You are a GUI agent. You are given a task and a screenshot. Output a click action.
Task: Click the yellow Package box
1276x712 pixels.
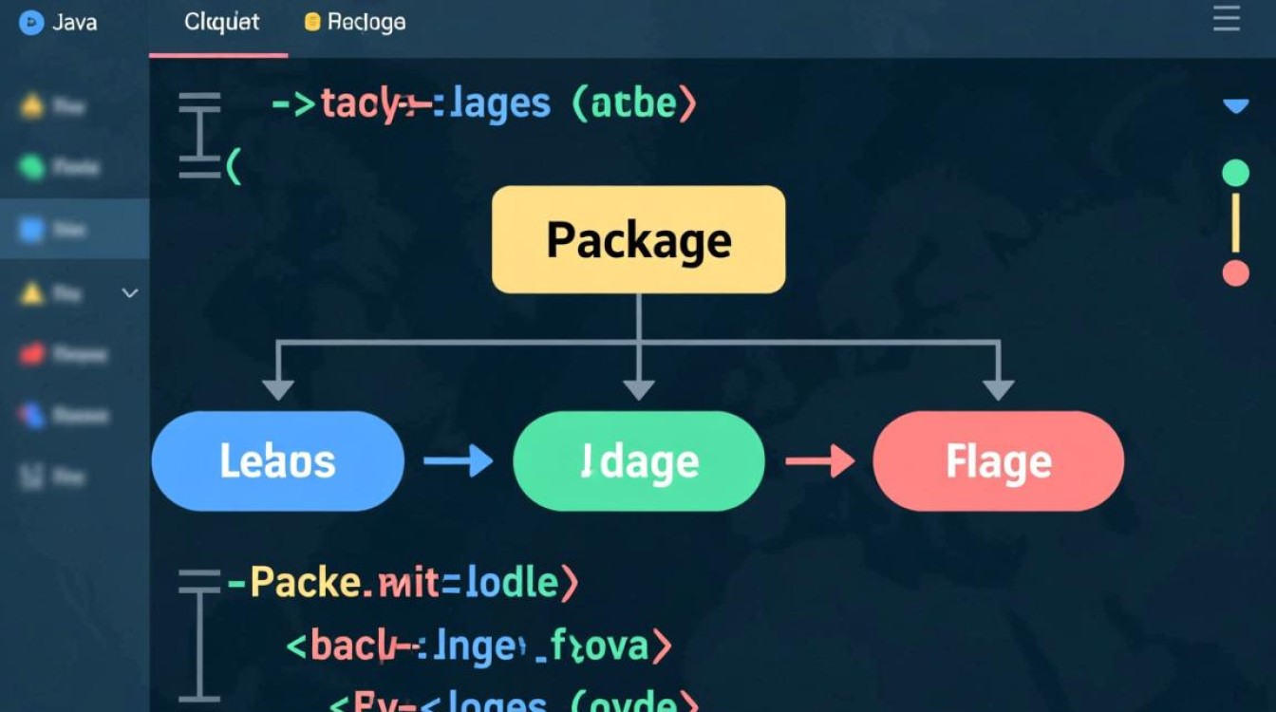pos(638,239)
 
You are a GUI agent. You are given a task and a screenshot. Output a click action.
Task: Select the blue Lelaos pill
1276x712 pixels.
pos(277,461)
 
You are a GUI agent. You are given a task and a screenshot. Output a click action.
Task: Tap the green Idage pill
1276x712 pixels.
pos(638,461)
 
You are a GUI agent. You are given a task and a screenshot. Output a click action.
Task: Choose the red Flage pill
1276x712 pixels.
pos(998,461)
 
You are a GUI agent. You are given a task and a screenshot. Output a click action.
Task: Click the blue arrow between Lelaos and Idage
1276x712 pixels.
pos(458,461)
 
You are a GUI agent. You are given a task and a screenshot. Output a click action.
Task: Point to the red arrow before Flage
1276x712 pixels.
pos(819,461)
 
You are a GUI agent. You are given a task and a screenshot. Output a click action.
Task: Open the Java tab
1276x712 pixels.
pos(59,22)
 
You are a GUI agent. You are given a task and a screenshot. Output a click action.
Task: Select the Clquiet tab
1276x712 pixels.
pos(221,22)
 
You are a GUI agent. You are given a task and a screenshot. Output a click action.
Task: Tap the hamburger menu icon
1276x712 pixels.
pos(1227,19)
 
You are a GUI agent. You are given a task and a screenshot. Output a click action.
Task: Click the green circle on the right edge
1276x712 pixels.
pos(1235,173)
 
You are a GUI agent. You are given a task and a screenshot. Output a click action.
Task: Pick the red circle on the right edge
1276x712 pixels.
pos(1235,273)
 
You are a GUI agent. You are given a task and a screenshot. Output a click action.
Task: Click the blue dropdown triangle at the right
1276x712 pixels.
pos(1235,106)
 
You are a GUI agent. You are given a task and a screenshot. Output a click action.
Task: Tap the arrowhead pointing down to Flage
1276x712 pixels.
pos(998,388)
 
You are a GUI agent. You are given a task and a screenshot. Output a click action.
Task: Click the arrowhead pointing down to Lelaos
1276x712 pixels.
pos(277,388)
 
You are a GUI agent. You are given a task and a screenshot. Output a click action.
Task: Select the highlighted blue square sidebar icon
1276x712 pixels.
pos(31,228)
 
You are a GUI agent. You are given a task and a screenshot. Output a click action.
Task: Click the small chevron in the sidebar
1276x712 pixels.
pos(130,293)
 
